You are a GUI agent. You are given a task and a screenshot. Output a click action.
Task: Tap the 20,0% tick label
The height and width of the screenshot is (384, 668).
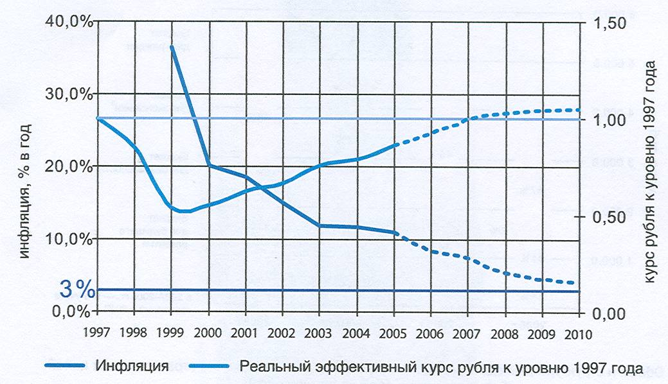69,166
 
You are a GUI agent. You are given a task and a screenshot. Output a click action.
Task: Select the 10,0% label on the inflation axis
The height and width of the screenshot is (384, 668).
69,239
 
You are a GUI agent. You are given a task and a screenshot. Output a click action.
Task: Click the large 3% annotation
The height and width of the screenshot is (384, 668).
77,290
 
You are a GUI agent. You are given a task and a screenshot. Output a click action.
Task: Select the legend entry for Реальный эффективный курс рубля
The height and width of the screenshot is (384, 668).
440,367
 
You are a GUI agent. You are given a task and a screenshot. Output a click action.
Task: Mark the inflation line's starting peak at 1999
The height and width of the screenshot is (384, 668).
172,47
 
